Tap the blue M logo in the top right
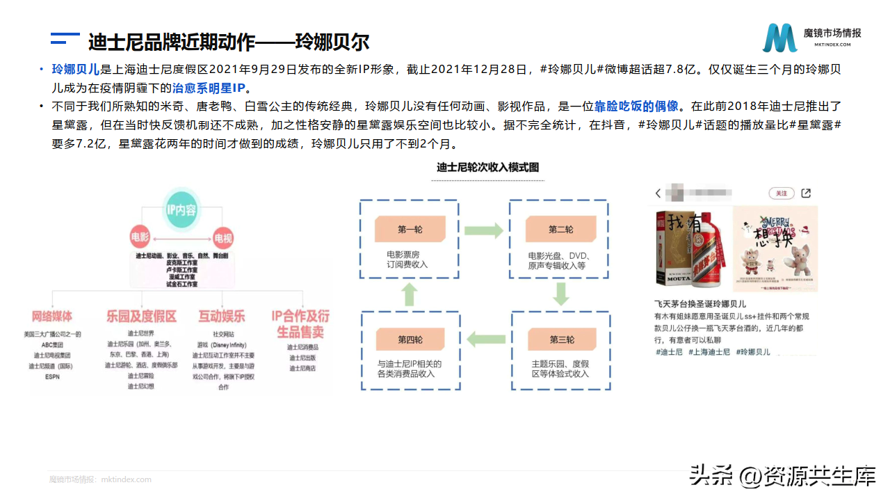pyautogui.click(x=779, y=38)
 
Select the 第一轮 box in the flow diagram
pyautogui.click(x=410, y=229)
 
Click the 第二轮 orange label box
pyautogui.click(x=560, y=229)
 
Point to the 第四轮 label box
pyautogui.click(x=410, y=339)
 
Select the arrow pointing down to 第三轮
pyautogui.click(x=561, y=294)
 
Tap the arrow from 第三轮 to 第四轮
pyautogui.click(x=485, y=340)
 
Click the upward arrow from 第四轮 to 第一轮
pyautogui.click(x=410, y=294)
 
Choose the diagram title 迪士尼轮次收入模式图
pyautogui.click(x=487, y=168)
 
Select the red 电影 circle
pyautogui.click(x=140, y=238)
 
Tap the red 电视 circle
pyautogui.click(x=222, y=238)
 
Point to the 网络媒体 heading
pyautogui.click(x=52, y=317)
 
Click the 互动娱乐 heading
pyautogui.click(x=222, y=317)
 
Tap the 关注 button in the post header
pyautogui.click(x=782, y=193)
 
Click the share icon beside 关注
pyautogui.click(x=806, y=193)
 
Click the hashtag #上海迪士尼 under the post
pyautogui.click(x=709, y=352)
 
